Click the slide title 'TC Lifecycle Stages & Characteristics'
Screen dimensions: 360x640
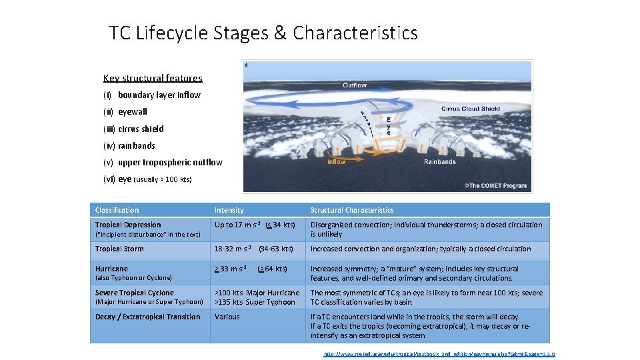point(263,33)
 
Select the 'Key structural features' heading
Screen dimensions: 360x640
point(153,78)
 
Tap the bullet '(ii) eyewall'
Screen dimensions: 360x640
point(125,112)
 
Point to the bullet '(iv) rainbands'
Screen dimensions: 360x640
point(129,145)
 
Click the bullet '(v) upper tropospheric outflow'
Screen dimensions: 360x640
point(163,162)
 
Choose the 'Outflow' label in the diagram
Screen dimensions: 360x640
point(355,85)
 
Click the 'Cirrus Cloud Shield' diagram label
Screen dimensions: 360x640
point(471,109)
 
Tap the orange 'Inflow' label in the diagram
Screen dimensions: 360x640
point(337,161)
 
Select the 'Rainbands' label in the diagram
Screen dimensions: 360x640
point(440,161)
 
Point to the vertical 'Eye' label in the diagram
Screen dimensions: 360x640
point(389,127)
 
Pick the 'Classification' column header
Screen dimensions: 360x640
point(117,210)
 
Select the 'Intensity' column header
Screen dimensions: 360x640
point(229,210)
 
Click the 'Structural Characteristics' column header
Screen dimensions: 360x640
point(352,210)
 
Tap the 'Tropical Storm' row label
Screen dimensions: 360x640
point(119,249)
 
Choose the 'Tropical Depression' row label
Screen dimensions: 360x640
point(128,225)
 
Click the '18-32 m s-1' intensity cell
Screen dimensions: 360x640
point(231,249)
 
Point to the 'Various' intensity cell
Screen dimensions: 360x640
point(227,317)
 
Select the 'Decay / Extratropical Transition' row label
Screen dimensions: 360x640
point(147,317)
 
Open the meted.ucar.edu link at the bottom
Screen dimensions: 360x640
point(439,354)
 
